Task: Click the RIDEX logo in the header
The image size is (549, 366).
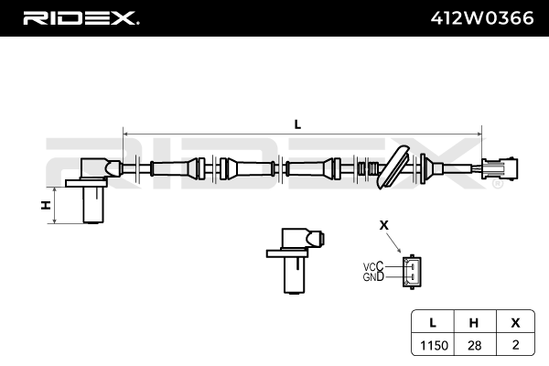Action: [x=81, y=17]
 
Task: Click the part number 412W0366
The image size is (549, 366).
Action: [x=482, y=17]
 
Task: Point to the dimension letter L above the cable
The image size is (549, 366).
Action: [x=298, y=123]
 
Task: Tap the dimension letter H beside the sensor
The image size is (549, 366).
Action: [x=45, y=205]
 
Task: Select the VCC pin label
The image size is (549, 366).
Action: [x=373, y=267]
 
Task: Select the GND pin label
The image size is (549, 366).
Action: [x=373, y=277]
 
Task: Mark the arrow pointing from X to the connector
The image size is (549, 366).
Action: [x=396, y=242]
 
